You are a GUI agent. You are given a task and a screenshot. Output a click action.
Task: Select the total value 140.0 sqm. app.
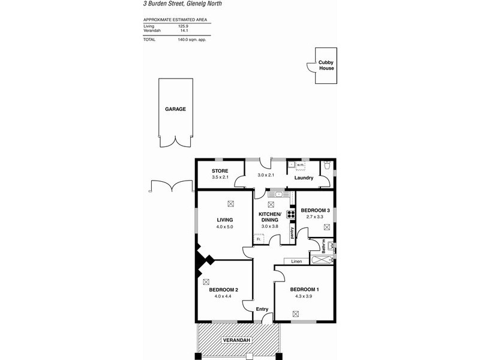[x=192, y=40]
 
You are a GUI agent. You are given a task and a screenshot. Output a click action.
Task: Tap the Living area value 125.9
[x=184, y=26]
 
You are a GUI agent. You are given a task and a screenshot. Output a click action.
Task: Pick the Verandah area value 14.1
[x=184, y=31]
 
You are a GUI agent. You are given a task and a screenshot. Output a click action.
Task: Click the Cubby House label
[x=326, y=65]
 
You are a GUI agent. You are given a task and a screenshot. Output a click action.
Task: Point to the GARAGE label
[x=176, y=109]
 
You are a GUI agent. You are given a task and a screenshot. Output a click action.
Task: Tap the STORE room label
[x=220, y=171]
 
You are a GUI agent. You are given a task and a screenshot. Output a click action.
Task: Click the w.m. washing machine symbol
[x=298, y=165]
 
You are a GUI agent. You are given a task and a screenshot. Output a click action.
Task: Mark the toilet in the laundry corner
[x=326, y=168]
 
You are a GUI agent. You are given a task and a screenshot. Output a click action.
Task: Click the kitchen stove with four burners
[x=290, y=215]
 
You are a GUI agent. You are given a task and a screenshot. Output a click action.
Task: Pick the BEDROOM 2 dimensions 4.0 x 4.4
[x=224, y=296]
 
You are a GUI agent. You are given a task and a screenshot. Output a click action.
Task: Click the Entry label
[x=262, y=309]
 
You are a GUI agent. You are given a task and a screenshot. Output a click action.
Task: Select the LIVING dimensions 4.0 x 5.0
[x=225, y=227]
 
